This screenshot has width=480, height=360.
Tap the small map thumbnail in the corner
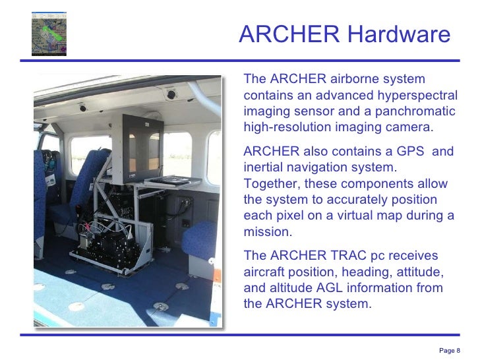49,34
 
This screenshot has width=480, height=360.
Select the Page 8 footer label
450,350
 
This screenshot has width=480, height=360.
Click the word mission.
267,232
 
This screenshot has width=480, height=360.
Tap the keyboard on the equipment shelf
165,178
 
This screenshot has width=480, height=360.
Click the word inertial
264,167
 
